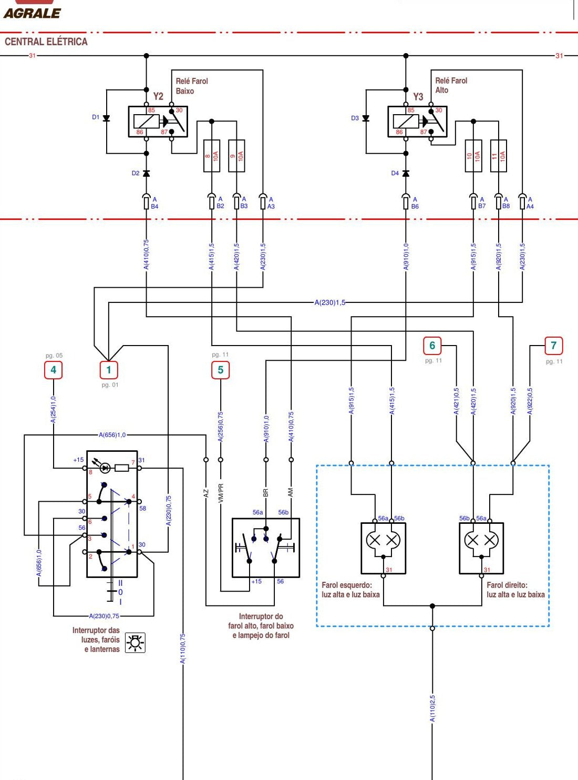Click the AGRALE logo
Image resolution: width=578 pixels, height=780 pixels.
click(32, 13)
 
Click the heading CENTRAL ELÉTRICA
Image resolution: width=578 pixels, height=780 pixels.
click(46, 42)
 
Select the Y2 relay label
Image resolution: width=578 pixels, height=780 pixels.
click(158, 96)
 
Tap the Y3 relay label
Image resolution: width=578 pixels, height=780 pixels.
click(418, 96)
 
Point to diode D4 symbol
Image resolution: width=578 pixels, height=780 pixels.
click(406, 174)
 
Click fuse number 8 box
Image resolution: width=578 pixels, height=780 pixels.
click(212, 156)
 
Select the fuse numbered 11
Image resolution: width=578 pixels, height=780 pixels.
click(498, 156)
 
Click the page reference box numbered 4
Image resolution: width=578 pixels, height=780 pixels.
click(54, 370)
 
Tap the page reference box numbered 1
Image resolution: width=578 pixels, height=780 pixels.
click(109, 370)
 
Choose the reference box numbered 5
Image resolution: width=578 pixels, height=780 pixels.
click(220, 370)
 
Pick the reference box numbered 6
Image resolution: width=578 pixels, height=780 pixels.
click(432, 346)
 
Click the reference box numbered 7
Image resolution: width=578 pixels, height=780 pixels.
click(554, 346)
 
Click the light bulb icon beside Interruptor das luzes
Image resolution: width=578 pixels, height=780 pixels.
click(135, 643)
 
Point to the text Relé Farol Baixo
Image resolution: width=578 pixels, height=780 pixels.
click(192, 86)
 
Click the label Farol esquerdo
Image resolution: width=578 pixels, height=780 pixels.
click(347, 585)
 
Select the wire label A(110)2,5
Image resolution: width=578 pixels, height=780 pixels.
click(432, 708)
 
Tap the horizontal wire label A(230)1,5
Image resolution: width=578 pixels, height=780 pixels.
click(329, 302)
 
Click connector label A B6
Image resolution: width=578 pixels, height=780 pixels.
click(415, 203)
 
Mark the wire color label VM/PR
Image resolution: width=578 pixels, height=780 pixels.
click(221, 493)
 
